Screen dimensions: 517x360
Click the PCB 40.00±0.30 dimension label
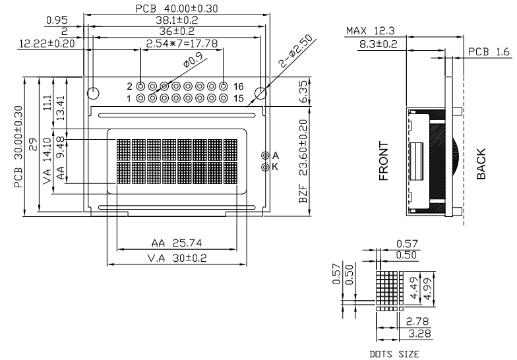[x=177, y=9]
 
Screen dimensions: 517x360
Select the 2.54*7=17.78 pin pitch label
[x=182, y=44]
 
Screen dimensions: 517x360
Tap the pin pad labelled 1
[x=140, y=98]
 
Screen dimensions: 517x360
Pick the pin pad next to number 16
[x=224, y=86]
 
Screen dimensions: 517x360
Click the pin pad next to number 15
[x=224, y=98]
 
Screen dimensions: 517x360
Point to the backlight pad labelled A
[x=265, y=156]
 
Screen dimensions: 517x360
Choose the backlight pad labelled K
[x=265, y=167]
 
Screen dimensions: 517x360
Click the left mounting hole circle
[x=93, y=94]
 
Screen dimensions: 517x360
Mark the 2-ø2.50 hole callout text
[x=295, y=51]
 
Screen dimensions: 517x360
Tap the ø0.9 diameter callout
[x=193, y=59]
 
